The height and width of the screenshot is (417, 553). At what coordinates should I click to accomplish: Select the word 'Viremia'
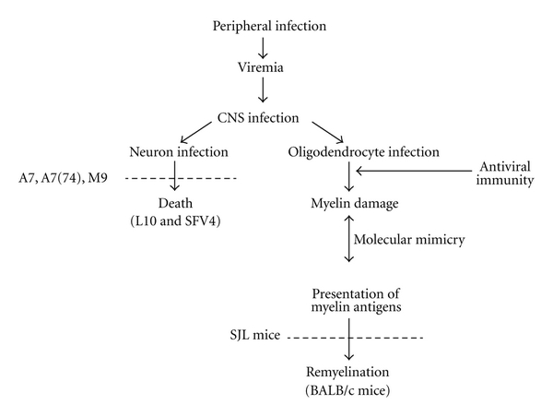click(x=265, y=67)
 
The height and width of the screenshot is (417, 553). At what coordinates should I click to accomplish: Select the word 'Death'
click(x=174, y=202)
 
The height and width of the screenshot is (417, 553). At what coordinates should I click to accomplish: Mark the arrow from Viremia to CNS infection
click(x=265, y=90)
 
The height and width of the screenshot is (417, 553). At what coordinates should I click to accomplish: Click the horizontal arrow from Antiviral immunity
click(x=415, y=172)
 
